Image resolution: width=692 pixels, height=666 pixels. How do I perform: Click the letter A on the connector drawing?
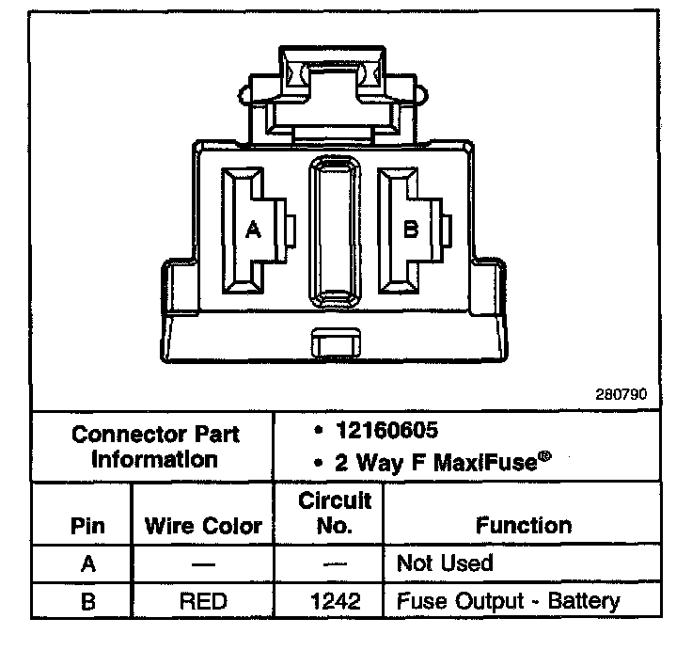tap(252, 229)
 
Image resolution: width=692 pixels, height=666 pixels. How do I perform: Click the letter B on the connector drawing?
tap(410, 229)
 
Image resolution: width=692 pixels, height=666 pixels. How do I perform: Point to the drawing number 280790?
tap(621, 395)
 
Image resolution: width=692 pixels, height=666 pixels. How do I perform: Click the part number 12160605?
tap(386, 430)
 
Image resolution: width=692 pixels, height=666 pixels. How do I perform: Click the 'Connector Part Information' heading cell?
tap(155, 447)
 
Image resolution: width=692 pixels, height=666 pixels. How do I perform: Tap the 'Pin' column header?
tap(87, 525)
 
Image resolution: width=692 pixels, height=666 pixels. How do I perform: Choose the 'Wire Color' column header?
tap(203, 525)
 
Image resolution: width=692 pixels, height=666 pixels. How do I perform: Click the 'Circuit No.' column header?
tap(334, 513)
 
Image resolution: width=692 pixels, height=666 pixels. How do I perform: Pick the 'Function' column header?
tap(523, 525)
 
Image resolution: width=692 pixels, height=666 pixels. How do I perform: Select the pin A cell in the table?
tap(87, 563)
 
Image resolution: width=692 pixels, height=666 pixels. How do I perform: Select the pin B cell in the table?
tap(87, 600)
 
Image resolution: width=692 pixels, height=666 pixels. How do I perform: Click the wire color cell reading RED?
tap(203, 600)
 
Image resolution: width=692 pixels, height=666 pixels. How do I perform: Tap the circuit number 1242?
tap(334, 600)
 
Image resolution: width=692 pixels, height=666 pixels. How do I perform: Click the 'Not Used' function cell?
tap(445, 563)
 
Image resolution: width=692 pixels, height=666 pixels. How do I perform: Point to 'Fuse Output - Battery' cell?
tap(508, 600)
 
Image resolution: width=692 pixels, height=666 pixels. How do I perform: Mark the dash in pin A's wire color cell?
tap(203, 564)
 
